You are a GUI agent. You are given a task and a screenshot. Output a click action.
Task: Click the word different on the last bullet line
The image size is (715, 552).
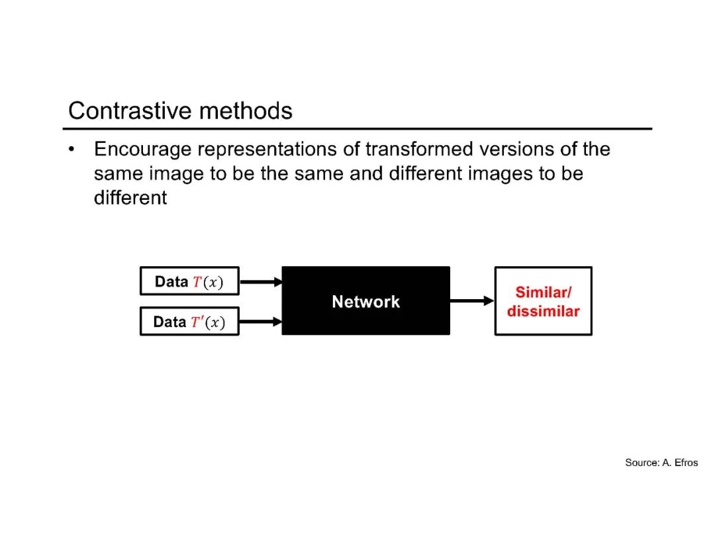point(130,198)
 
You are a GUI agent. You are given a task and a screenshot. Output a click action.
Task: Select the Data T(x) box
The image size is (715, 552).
point(189,281)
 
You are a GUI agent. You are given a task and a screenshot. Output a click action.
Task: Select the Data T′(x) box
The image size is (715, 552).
point(189,322)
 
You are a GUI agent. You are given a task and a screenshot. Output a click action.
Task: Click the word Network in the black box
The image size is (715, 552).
point(365,302)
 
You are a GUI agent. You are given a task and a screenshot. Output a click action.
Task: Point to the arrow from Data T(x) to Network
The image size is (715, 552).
point(260,281)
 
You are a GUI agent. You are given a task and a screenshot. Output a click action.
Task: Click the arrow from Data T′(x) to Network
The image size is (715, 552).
point(260,322)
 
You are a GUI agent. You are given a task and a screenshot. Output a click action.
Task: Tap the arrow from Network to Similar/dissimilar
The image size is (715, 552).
point(472,301)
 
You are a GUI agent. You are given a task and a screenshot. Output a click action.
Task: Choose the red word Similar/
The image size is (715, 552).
point(543,293)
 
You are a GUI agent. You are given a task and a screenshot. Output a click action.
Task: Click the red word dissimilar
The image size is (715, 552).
point(543,311)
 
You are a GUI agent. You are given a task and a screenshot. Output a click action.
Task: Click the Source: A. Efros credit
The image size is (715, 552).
point(661,463)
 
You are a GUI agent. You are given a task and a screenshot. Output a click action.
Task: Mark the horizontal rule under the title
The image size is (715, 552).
point(358,128)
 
